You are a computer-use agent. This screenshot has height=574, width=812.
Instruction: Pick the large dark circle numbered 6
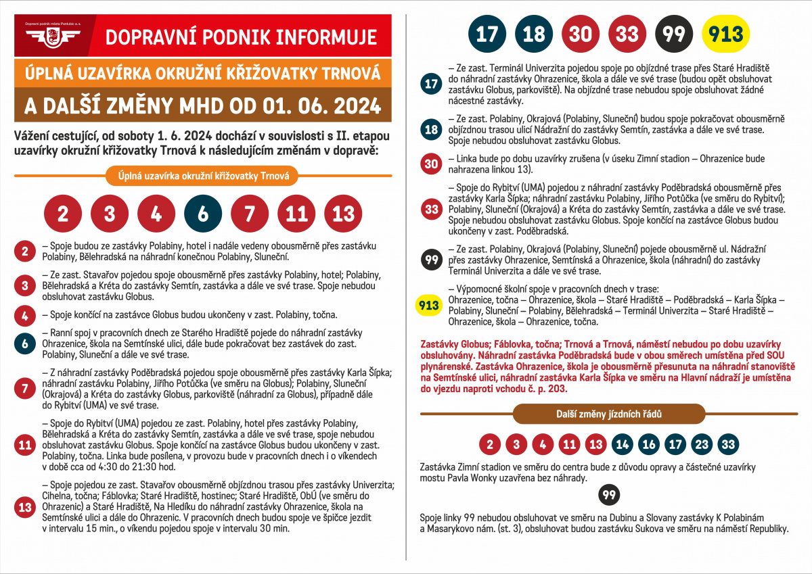pyautogui.click(x=203, y=214)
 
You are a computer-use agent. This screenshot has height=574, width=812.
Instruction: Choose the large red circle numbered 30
pyautogui.click(x=581, y=34)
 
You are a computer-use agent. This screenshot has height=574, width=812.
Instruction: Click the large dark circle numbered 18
pyautogui.click(x=534, y=34)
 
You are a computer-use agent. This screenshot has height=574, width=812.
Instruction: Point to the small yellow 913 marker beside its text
pyautogui.click(x=430, y=306)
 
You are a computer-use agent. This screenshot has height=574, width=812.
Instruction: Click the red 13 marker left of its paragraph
pyautogui.click(x=25, y=507)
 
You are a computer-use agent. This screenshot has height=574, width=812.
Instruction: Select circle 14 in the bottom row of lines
pyautogui.click(x=623, y=444)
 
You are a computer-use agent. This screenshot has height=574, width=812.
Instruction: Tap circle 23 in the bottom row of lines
pyautogui.click(x=702, y=444)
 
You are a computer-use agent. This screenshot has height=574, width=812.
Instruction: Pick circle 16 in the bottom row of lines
pyautogui.click(x=649, y=444)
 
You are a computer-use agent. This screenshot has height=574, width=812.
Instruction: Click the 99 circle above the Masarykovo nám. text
pyautogui.click(x=610, y=496)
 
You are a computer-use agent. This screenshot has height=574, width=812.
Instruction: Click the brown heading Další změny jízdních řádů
pyautogui.click(x=608, y=414)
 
